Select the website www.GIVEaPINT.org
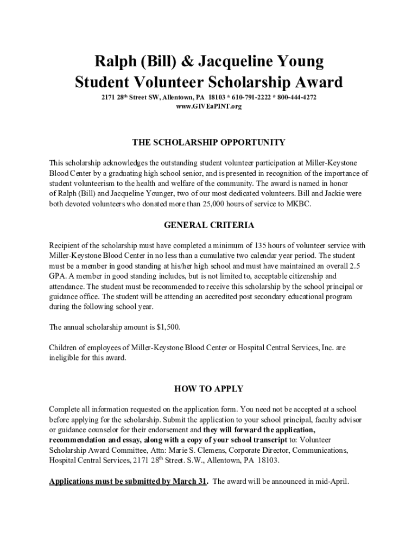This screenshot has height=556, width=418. tap(209, 106)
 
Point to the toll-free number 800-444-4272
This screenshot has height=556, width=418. tap(296, 97)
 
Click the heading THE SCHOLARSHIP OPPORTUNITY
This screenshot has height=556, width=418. tap(209, 142)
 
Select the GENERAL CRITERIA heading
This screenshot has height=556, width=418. tap(209, 225)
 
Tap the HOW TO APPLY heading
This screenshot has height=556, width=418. tap(209, 389)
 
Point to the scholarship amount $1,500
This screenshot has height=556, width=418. tap(168, 327)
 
